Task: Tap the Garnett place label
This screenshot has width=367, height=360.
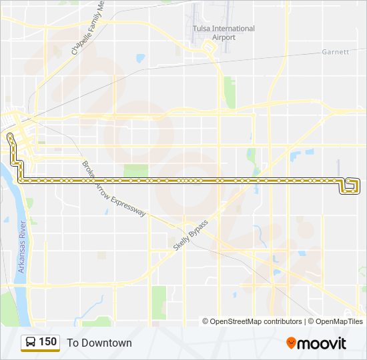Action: click(x=335, y=51)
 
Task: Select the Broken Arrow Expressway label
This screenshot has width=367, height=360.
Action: click(x=113, y=189)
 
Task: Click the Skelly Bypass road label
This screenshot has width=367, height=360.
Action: click(x=191, y=235)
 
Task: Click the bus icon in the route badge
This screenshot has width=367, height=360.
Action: click(x=31, y=343)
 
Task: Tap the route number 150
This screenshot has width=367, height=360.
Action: click(x=48, y=342)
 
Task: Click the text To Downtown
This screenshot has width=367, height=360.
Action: click(x=99, y=343)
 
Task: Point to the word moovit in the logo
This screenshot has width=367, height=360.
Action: click(x=322, y=343)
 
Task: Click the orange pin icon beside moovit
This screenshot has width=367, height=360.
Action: click(x=291, y=343)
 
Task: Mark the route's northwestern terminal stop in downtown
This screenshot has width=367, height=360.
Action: click(x=10, y=136)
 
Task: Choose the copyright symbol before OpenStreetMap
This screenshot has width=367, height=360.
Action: click(x=206, y=321)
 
